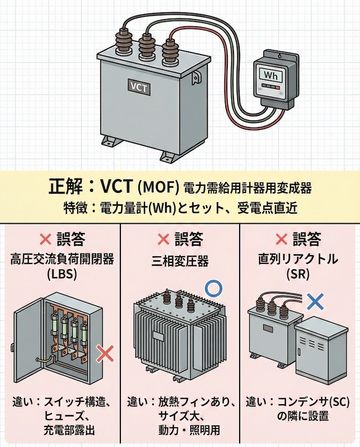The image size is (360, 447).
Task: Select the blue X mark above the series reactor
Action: click(x=315, y=300)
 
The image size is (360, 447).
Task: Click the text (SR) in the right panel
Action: click(x=299, y=275)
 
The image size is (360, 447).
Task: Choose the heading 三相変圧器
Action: click(x=180, y=261)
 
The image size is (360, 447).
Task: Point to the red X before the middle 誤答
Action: click(x=163, y=239)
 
